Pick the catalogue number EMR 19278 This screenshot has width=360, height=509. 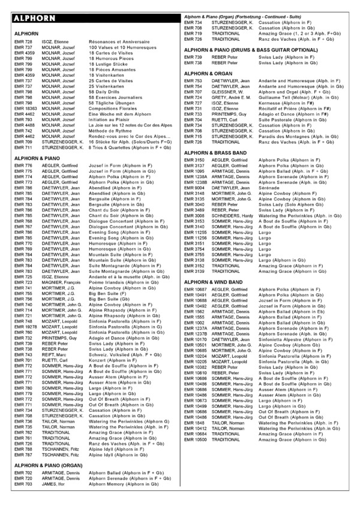(25, 327)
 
